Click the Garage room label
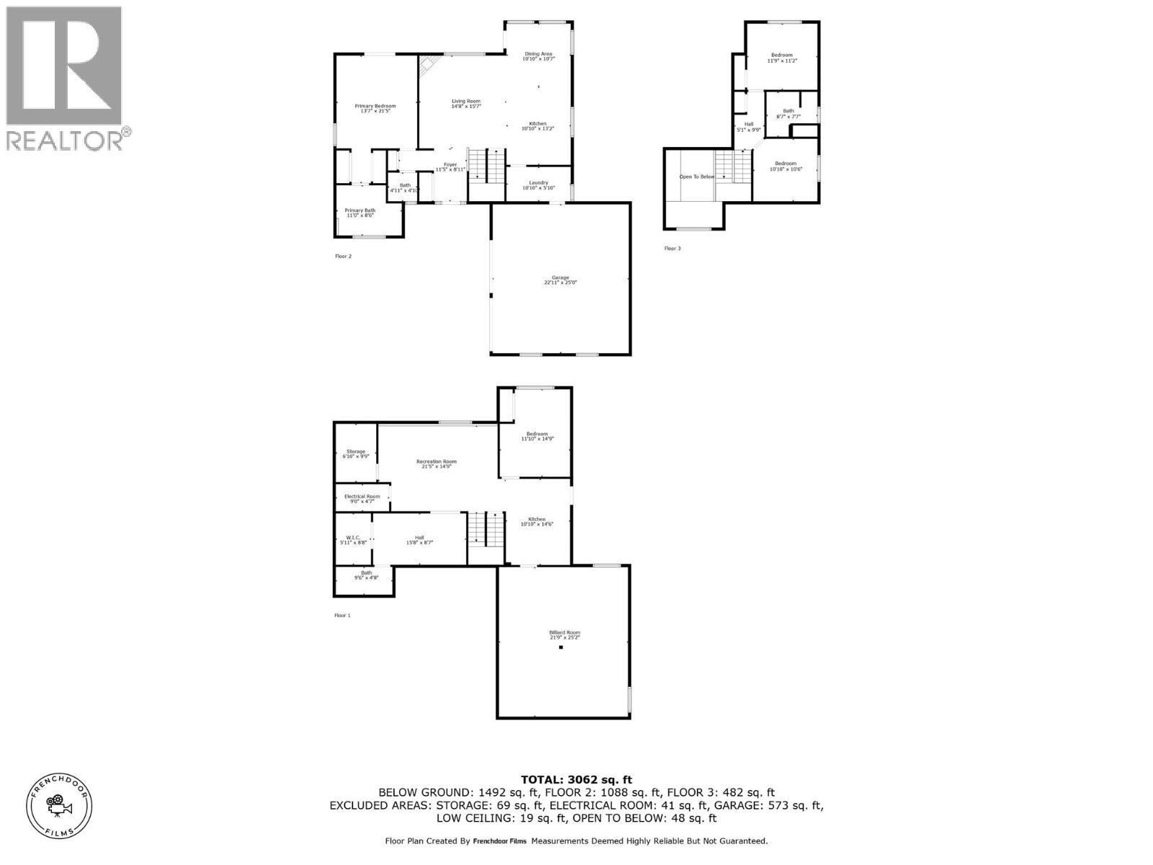point(560,280)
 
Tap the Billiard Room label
point(564,634)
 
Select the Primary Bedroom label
point(375,108)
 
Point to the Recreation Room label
point(436,463)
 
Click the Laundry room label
point(538,185)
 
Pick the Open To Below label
point(697,177)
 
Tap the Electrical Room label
point(362,498)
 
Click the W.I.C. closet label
point(353,539)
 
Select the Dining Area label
point(538,56)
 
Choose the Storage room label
point(355,453)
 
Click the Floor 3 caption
point(672,249)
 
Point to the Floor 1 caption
point(342,616)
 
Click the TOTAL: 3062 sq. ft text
point(576,779)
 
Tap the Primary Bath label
point(360,213)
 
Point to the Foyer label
point(450,167)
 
